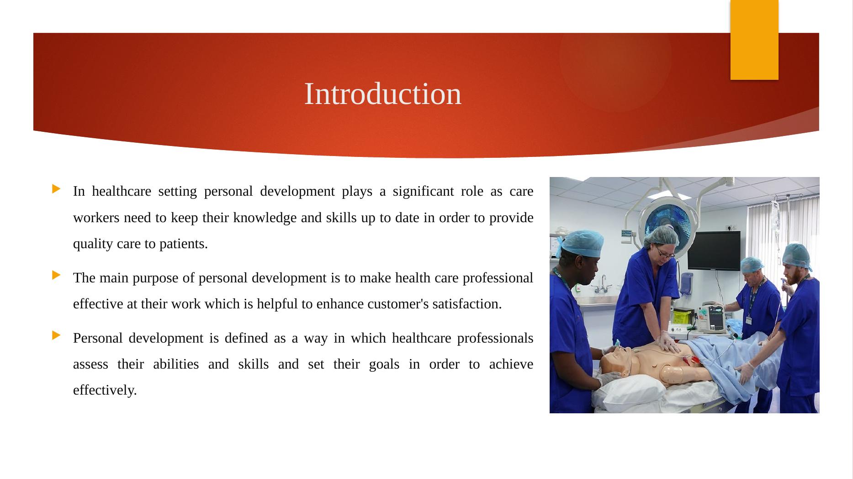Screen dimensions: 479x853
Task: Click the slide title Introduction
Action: tap(382, 94)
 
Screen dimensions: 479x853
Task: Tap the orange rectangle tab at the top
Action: tap(754, 40)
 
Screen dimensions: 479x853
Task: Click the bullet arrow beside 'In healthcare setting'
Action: tap(57, 188)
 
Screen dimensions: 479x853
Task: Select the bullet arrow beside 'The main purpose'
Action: tap(57, 275)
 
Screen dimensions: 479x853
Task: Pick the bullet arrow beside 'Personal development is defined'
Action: tap(57, 335)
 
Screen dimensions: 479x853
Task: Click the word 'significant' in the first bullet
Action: tap(423, 191)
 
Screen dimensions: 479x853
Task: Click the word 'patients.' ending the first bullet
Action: tap(183, 244)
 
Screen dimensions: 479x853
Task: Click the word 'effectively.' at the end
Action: tap(105, 390)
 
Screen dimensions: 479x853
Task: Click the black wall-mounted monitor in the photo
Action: tap(714, 250)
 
